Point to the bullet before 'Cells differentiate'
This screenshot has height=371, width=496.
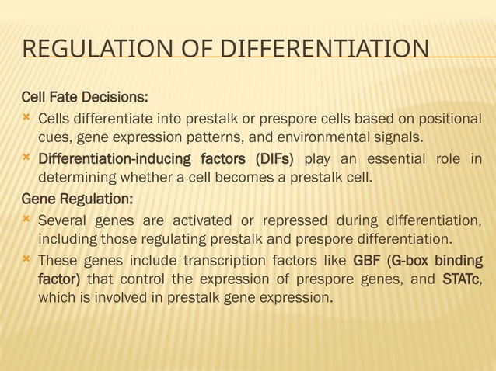click(x=28, y=118)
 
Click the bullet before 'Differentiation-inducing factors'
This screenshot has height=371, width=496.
click(x=28, y=158)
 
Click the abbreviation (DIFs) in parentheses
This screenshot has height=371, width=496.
click(x=271, y=159)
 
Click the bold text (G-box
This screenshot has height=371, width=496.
click(x=417, y=259)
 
